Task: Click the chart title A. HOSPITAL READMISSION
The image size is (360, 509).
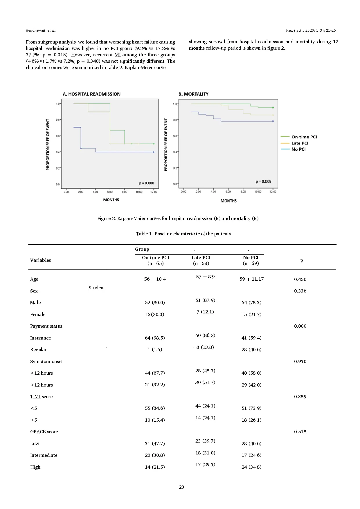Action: [91, 94]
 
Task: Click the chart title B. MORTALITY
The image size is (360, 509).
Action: [193, 94]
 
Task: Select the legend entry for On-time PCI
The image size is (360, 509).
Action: [304, 137]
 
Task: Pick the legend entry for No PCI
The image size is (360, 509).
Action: [298, 149]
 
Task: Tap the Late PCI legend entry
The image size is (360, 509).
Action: [300, 143]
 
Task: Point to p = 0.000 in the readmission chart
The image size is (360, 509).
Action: [146, 183]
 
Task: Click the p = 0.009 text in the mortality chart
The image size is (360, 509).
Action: [263, 181]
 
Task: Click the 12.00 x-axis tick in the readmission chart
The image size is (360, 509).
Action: [154, 192]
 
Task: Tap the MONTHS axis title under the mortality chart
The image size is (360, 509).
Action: [228, 201]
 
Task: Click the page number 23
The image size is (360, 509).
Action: [181, 487]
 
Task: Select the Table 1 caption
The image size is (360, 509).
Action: [183, 234]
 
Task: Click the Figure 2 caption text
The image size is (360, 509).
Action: [178, 218]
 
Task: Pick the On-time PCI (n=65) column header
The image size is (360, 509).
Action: [156, 260]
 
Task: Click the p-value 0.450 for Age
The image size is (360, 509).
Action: [300, 279]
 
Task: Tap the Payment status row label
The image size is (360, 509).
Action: [46, 326]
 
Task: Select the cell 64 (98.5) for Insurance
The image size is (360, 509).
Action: [155, 338]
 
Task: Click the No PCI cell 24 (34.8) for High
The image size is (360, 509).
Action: [251, 467]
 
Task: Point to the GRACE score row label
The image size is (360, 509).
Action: [44, 432]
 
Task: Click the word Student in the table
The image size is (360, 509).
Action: [97, 288]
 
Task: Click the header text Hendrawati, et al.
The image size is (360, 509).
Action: [41, 30]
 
